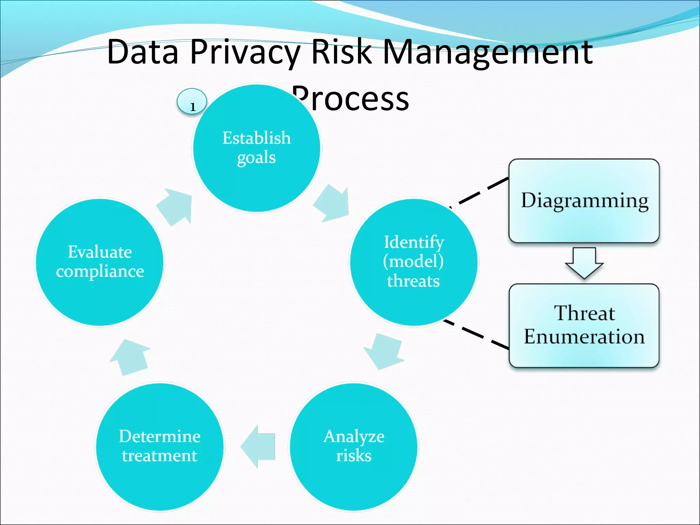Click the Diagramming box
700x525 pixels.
[584, 201]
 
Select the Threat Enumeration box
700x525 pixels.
[584, 325]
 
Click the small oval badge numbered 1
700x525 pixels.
[192, 102]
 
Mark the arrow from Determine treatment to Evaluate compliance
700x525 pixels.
[131, 357]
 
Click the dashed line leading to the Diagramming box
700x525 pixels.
[482, 192]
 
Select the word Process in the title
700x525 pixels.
[352, 99]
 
